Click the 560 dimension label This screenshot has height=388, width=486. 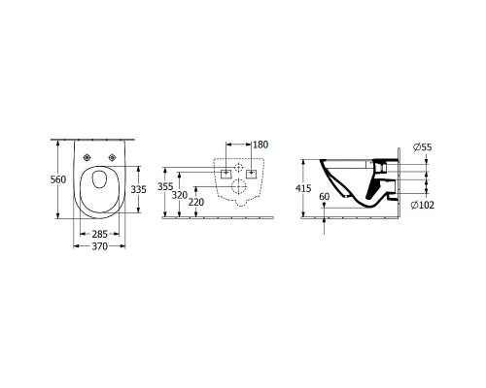point(58,179)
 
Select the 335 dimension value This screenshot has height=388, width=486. point(139,189)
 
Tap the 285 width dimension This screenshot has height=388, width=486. point(99,234)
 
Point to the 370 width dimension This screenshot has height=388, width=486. point(99,246)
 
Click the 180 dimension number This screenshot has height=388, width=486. point(260,145)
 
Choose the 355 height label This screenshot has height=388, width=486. point(165,186)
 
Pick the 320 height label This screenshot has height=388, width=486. point(180,195)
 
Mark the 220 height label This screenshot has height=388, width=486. point(196,202)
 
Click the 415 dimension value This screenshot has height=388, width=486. point(303,188)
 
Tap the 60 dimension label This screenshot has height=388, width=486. point(325,197)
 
